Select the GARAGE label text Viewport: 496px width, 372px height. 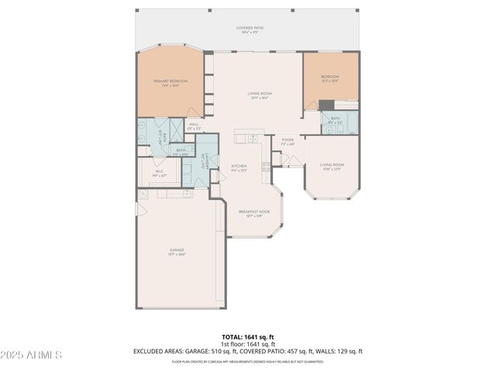(x=177, y=251)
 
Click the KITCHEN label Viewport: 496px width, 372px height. (x=239, y=167)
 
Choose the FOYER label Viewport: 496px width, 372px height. (x=288, y=141)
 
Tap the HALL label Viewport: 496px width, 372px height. (x=194, y=125)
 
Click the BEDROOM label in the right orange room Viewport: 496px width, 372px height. (x=331, y=77)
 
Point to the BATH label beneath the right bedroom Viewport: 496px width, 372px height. (x=335, y=119)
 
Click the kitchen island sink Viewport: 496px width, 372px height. (x=252, y=139)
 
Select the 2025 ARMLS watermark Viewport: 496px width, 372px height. (x=31, y=354)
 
